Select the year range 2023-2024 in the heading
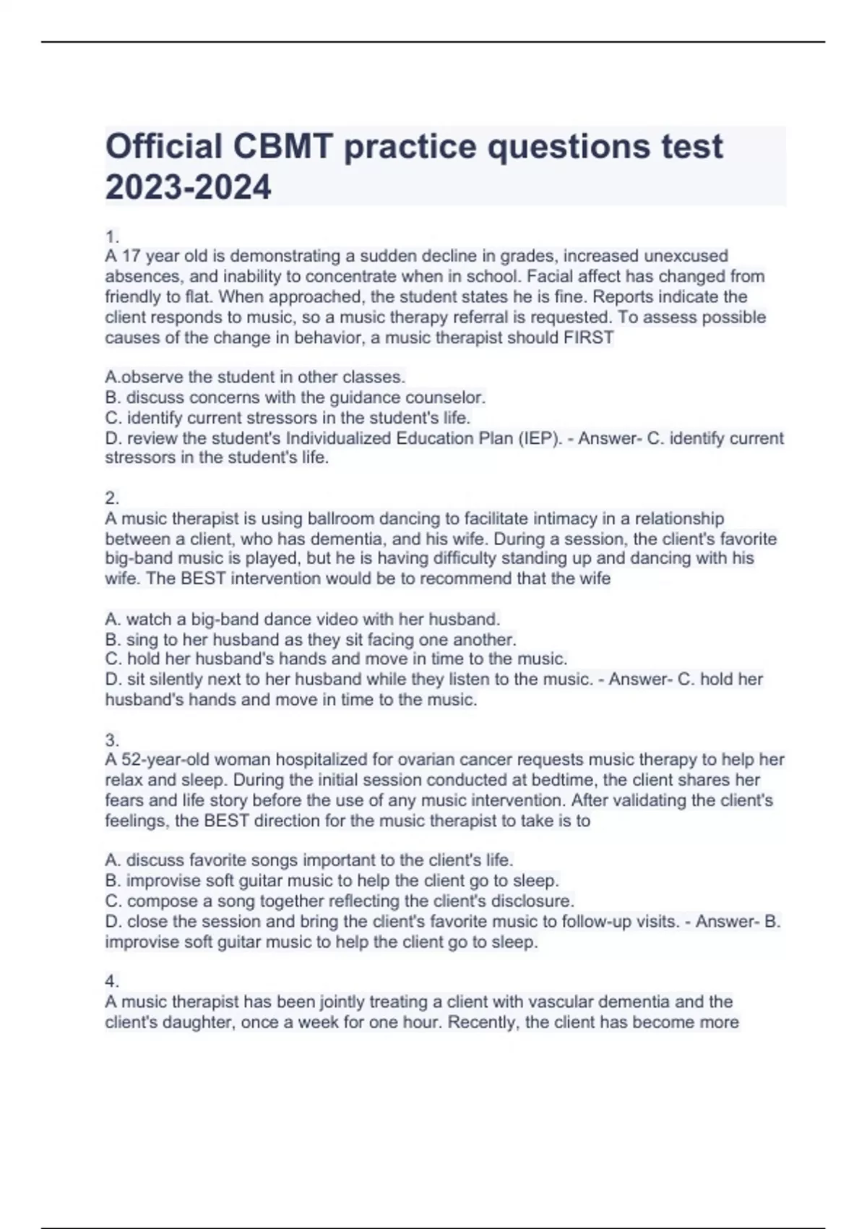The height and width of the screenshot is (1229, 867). point(188,187)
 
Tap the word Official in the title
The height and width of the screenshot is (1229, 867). point(163,147)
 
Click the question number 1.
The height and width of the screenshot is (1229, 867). point(111,236)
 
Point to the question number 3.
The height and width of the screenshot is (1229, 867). point(111,740)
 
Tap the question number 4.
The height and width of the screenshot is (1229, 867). point(111,982)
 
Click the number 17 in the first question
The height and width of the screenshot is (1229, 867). point(131,256)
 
